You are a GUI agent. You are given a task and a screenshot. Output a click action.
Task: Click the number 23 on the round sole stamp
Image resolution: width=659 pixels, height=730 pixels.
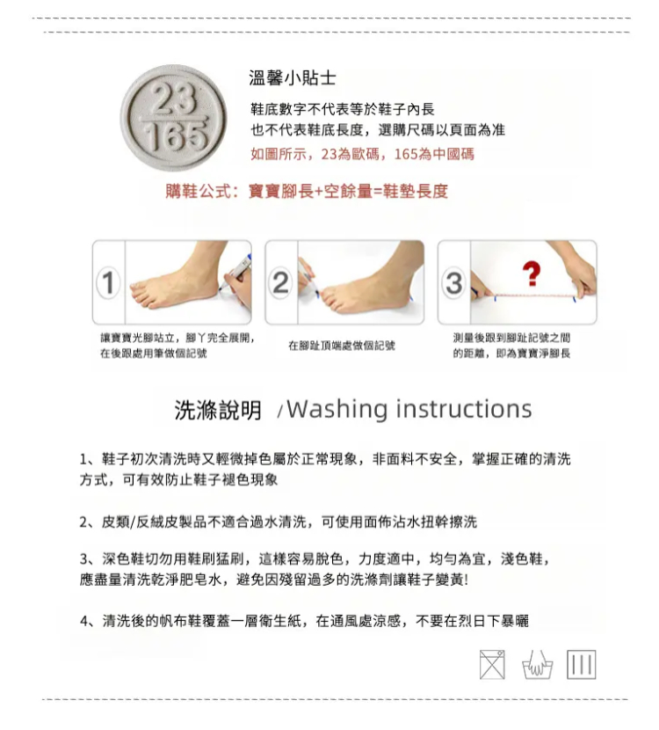pos(173,99)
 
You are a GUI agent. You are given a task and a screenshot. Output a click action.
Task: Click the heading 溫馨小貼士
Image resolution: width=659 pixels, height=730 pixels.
pos(292,77)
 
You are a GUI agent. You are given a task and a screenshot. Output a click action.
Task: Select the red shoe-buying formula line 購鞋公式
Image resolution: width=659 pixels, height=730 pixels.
pos(307,191)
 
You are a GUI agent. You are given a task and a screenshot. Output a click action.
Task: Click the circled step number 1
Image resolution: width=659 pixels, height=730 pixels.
pos(108,282)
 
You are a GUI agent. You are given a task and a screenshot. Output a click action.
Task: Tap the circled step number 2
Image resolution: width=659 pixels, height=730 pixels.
pos(281,282)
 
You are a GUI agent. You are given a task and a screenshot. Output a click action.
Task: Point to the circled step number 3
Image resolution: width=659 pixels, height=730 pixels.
pos(454,282)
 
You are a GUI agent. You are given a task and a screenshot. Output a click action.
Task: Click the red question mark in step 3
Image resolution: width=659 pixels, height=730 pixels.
pos(532,274)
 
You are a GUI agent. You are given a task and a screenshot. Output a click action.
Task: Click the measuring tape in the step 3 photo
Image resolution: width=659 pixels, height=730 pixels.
pos(535,296)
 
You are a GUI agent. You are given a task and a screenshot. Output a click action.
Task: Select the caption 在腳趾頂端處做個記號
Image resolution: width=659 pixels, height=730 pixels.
pos(341,346)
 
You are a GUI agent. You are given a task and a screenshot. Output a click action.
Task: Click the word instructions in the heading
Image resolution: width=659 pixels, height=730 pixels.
pos(464,409)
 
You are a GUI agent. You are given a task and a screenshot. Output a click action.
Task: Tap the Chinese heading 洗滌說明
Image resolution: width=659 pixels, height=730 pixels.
pos(218,410)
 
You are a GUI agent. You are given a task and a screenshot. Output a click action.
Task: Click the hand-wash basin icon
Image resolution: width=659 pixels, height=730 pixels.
pos(538,665)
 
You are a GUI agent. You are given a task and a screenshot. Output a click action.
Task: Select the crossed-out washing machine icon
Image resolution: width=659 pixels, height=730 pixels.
pos(492,665)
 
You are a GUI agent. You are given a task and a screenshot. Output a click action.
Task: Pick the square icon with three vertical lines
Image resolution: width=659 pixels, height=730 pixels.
pos(582,665)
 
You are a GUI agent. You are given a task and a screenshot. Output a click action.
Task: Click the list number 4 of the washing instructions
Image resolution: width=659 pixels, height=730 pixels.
pos(84,621)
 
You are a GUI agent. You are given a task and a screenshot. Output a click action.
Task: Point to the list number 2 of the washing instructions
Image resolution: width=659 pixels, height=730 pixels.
pos(83,522)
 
